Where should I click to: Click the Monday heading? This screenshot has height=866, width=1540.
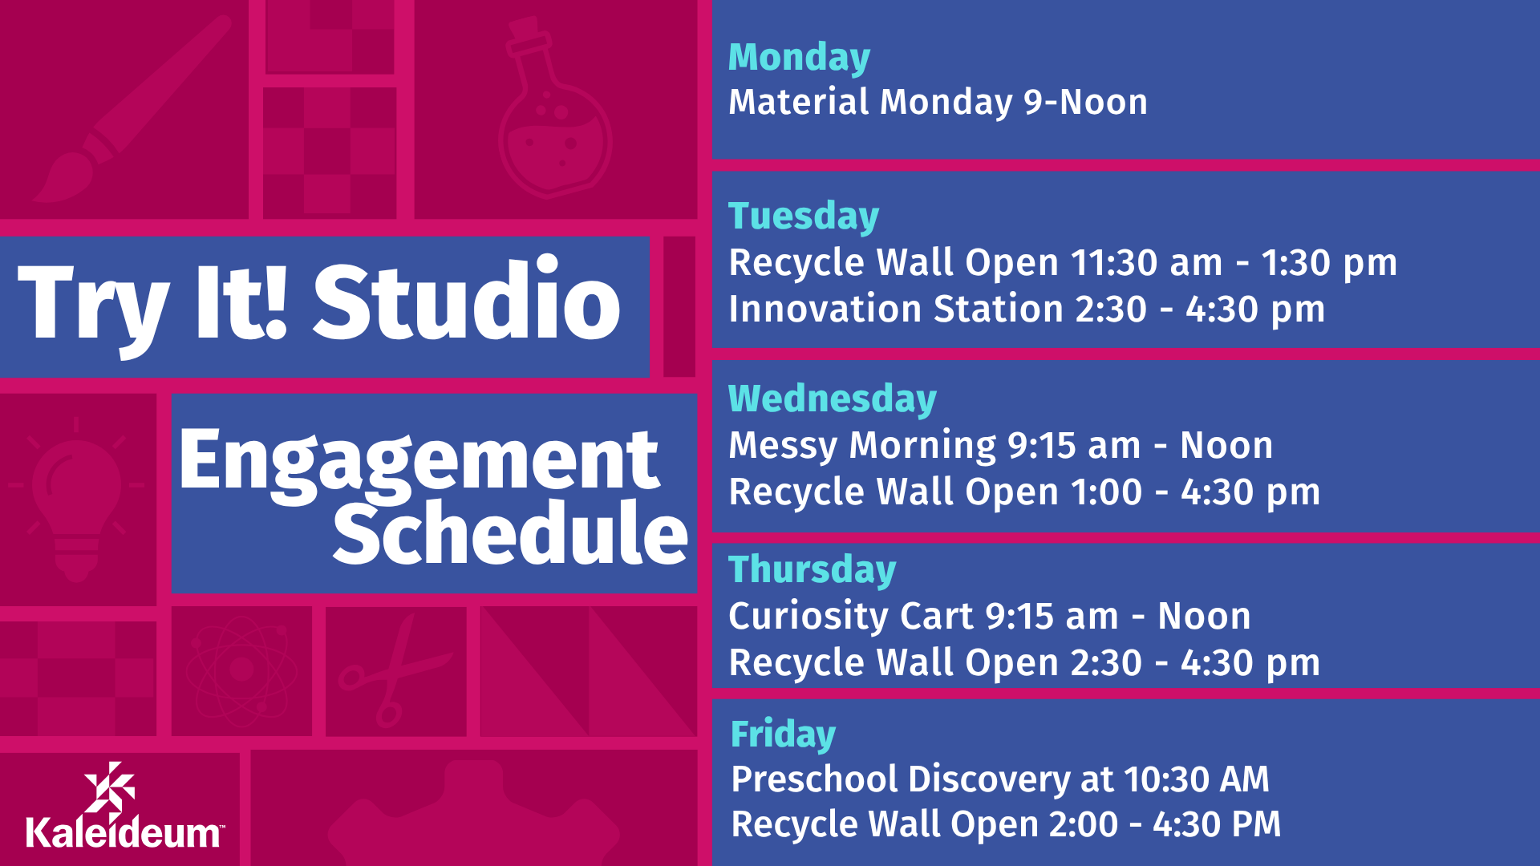[799, 59]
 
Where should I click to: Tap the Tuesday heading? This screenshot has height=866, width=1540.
[804, 216]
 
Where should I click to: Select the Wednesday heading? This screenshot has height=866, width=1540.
[833, 399]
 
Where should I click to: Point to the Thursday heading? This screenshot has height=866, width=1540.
[812, 570]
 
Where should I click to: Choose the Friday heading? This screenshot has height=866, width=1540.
[783, 734]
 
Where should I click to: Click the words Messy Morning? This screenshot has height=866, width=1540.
[862, 446]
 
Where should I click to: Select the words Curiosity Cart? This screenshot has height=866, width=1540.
[850, 617]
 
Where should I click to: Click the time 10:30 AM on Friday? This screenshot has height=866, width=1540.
[1197, 779]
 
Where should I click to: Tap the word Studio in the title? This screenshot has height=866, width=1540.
[467, 301]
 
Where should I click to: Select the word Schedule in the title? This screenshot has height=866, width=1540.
[511, 532]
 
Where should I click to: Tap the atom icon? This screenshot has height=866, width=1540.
[241, 669]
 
